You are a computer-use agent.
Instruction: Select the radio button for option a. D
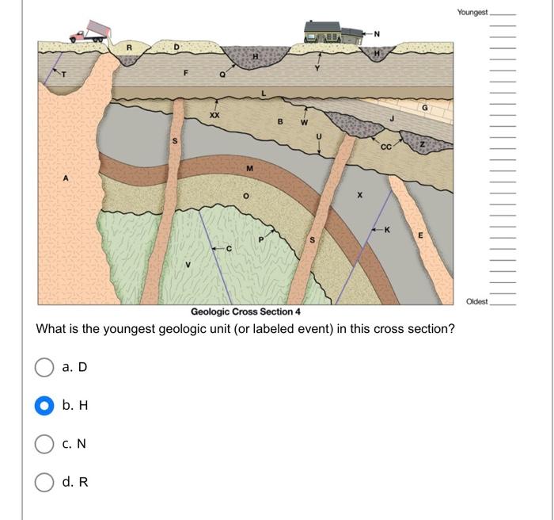coord(44,367)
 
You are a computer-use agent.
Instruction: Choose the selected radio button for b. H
coord(44,406)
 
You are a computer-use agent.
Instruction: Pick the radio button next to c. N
coord(44,444)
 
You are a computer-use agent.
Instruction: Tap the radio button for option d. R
coord(44,482)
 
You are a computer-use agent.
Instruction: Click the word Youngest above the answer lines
coord(472,13)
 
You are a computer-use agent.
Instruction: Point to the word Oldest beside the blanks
coord(477,301)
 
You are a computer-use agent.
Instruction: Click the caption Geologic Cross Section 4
coord(245,312)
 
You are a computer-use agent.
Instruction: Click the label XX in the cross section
coord(214,116)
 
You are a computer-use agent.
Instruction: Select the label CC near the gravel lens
coord(385,146)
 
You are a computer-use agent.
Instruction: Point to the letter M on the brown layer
coord(249,167)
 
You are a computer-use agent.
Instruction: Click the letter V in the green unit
coord(188,265)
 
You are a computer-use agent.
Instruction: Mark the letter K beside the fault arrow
coord(386,230)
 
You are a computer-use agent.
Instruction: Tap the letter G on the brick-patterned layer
coord(424,107)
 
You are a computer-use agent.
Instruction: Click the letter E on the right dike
coord(420,235)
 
